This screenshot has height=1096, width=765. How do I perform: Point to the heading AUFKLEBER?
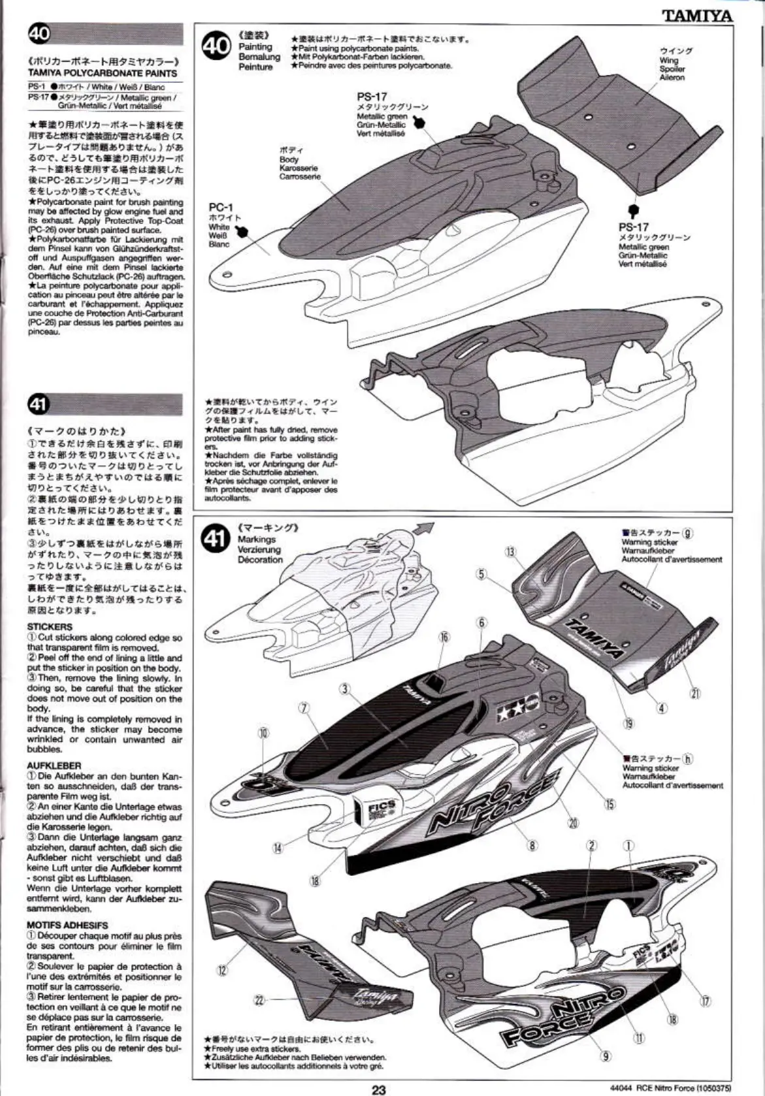(x=54, y=766)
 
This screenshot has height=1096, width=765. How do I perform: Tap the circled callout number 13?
(x=511, y=553)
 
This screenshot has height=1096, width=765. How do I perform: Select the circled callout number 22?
(x=259, y=999)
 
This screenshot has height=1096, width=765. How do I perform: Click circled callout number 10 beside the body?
(x=263, y=733)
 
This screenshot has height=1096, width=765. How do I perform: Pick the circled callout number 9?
(x=606, y=1056)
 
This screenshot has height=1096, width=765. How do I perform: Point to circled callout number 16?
(x=444, y=637)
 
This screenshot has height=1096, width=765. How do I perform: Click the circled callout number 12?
(x=223, y=971)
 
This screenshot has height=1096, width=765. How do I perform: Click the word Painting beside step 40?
(x=255, y=46)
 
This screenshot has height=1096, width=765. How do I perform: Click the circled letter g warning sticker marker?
(x=687, y=532)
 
